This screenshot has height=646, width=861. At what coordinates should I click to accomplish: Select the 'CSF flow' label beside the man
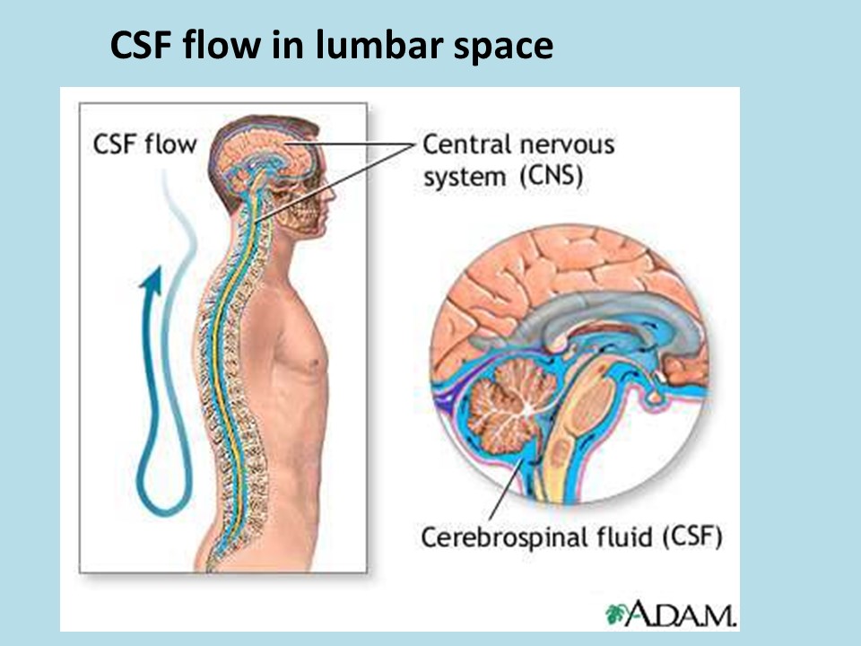coord(143,144)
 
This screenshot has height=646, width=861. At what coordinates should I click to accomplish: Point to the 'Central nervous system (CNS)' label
coord(517,158)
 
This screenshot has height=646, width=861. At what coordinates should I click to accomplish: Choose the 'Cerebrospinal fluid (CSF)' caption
coord(572,537)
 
